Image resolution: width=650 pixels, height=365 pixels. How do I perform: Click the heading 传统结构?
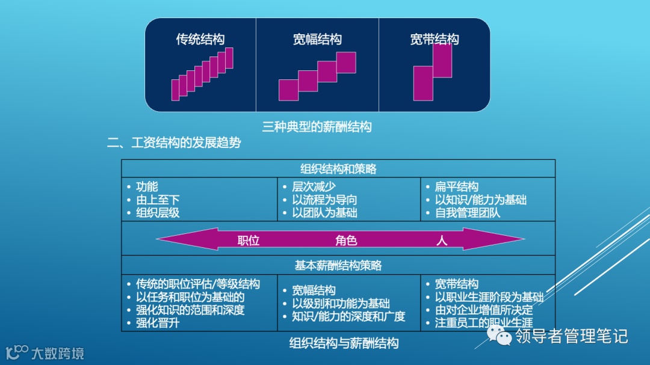click(200, 40)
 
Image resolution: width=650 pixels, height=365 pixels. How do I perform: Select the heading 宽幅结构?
click(317, 40)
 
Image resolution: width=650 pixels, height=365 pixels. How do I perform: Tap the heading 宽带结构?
click(435, 40)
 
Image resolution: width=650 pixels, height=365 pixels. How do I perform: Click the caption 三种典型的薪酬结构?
click(317, 127)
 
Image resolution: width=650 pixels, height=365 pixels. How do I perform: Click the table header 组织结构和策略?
click(338, 169)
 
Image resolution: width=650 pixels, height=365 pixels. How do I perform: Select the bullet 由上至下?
click(158, 200)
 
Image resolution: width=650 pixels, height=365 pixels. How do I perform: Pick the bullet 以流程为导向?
click(324, 200)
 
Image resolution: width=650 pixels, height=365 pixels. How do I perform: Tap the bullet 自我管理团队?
click(468, 213)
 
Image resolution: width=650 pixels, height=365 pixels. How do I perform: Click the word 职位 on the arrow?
click(249, 241)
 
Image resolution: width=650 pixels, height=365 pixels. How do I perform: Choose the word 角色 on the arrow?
click(346, 241)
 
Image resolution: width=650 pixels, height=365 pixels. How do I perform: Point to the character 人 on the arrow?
click(442, 241)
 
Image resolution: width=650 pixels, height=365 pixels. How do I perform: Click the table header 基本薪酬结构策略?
click(338, 265)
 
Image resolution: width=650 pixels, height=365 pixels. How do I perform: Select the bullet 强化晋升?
click(158, 323)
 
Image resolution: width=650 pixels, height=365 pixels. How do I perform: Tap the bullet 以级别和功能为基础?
click(341, 304)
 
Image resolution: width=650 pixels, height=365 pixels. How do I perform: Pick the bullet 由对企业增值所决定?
click(484, 310)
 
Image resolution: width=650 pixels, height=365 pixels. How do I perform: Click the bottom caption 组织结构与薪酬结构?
click(344, 343)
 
